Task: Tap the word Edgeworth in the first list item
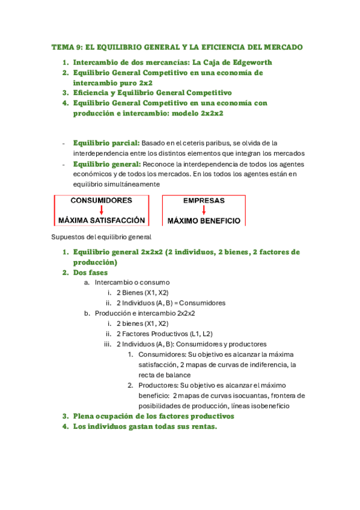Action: (246, 62)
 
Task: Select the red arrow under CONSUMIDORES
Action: (102, 210)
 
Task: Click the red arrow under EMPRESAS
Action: (204, 210)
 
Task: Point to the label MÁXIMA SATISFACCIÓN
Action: (102, 220)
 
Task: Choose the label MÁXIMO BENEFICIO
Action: (204, 220)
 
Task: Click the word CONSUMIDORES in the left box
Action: (102, 200)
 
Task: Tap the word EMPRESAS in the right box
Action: (204, 200)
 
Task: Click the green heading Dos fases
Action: (91, 272)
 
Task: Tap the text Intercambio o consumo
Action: (132, 283)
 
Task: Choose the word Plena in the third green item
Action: (84, 416)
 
